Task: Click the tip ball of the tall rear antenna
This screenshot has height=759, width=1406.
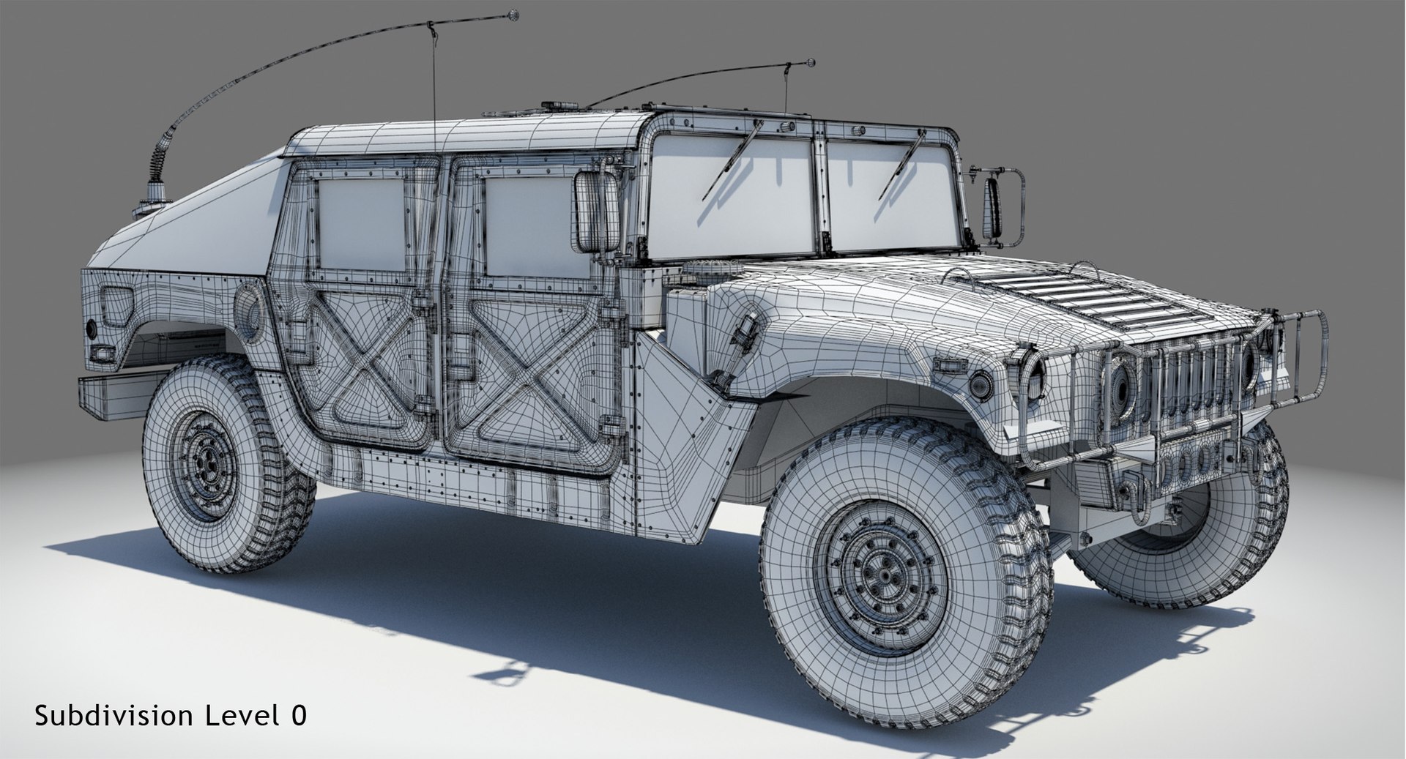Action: [513, 14]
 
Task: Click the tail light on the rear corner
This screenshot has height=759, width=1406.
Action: [93, 329]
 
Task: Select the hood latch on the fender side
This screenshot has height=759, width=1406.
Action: [746, 333]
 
